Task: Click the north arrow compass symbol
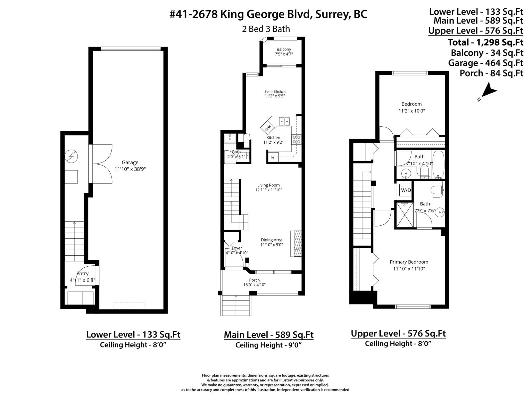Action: pyautogui.click(x=488, y=92)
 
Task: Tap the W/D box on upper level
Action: pyautogui.click(x=406, y=191)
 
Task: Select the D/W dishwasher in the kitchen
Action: pyautogui.click(x=268, y=127)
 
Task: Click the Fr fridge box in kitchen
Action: pyautogui.click(x=273, y=157)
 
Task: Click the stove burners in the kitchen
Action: pyautogui.click(x=296, y=139)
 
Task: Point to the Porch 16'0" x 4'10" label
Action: pyautogui.click(x=254, y=282)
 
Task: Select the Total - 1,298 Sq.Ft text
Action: pyautogui.click(x=485, y=42)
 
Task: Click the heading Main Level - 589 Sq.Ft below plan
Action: pyautogui.click(x=269, y=334)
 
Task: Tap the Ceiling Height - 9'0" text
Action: pyautogui.click(x=269, y=345)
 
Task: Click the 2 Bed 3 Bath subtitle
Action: pyautogui.click(x=266, y=29)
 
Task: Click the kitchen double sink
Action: pyautogui.click(x=284, y=121)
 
